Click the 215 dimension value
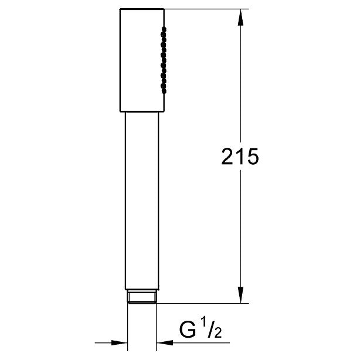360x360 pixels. [240, 157]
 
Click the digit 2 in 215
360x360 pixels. [227, 157]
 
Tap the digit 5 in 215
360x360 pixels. [253, 157]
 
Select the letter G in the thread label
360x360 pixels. [188, 330]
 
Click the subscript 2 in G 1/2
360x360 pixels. [217, 332]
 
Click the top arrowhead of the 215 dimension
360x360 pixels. [240, 18]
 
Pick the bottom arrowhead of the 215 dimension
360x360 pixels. [240, 294]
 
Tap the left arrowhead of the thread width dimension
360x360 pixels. [120, 343]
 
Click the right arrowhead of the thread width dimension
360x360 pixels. [165, 343]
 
